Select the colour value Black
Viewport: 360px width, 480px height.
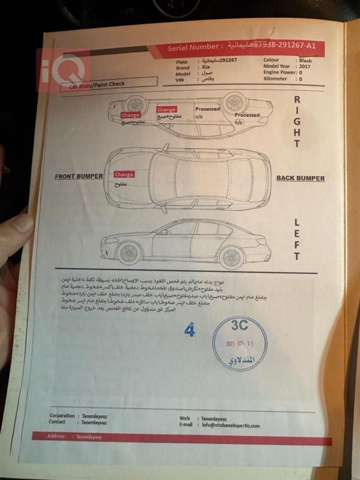tap(305, 60)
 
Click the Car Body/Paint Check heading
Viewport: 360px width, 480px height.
tap(97, 85)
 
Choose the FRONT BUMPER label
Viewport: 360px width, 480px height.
tap(79, 177)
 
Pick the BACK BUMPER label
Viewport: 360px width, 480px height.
tap(300, 178)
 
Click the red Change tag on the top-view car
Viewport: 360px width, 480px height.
tap(124, 174)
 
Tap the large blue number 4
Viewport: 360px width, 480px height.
tap(190, 330)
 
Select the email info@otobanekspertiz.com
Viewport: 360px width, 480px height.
tap(230, 425)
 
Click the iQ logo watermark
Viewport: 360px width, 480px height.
tap(64, 67)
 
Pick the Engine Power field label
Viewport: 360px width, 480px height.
tap(280, 73)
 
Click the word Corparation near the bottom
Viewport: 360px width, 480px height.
tap(62, 415)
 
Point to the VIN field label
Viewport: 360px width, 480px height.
tap(179, 80)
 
